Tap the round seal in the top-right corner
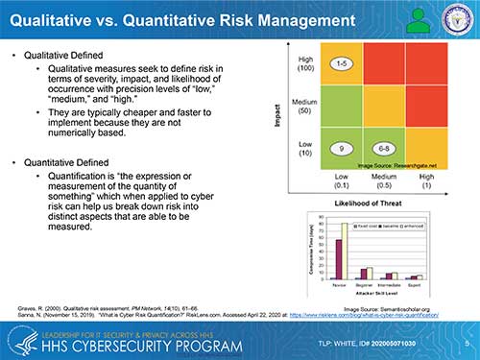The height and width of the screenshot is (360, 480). (454, 17)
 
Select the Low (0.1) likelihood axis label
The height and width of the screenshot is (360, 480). (342, 181)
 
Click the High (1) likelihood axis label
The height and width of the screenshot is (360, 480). (426, 181)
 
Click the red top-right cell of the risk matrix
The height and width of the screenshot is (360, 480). (426, 63)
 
